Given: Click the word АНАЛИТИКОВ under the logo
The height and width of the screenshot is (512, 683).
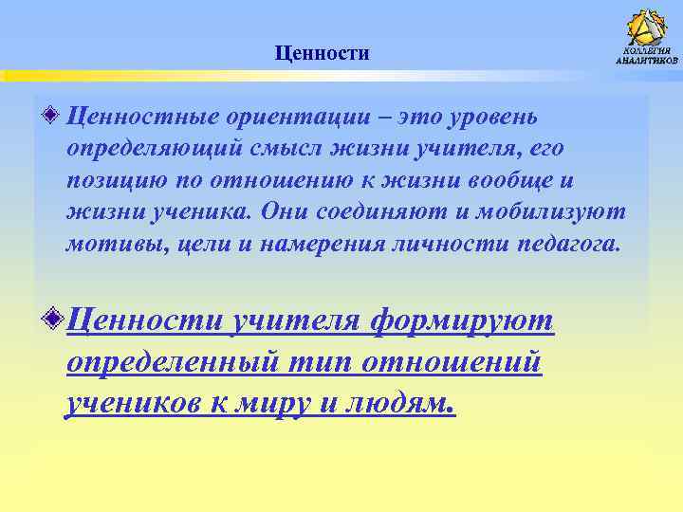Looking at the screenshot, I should [648, 61].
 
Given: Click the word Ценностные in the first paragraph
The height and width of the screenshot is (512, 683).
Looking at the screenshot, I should [140, 118].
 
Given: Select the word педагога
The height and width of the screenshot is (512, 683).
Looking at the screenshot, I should [568, 245].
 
